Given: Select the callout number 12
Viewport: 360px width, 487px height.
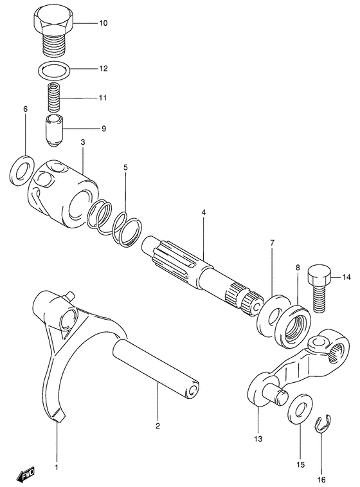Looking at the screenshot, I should tap(103, 68).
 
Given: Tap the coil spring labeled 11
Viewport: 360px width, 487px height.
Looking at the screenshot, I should tap(54, 98).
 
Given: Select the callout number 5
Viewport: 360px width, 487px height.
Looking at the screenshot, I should tap(126, 168).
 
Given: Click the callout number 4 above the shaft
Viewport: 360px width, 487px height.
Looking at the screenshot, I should tap(203, 212).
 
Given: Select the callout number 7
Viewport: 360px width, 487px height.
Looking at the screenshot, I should tap(272, 243).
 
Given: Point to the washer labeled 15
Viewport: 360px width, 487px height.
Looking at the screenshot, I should tap(298, 411).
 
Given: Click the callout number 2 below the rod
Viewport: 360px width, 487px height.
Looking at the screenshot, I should tap(157, 425).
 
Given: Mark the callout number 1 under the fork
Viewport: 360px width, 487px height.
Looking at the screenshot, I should tap(56, 466).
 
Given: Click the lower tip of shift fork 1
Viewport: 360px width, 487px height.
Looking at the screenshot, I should tap(58, 417).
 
